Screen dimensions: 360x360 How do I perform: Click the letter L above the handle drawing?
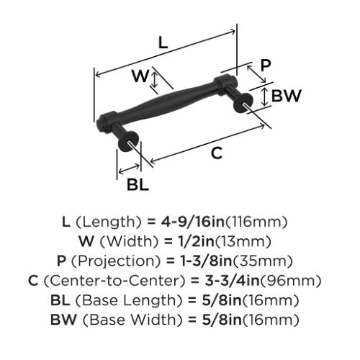click(x=163, y=42)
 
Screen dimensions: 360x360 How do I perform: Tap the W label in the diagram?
click(x=140, y=76)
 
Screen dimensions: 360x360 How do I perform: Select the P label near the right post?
click(x=266, y=65)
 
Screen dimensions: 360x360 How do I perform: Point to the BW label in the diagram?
click(x=286, y=96)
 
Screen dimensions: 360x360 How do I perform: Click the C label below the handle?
click(x=217, y=153)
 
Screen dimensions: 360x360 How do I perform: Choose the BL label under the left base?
click(x=138, y=185)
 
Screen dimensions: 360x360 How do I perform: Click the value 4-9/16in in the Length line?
click(x=192, y=222)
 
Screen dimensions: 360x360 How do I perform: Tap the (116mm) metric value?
click(x=256, y=222)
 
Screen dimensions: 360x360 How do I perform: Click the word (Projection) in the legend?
click(x=116, y=261)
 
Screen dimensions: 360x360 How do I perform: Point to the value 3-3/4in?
click(x=233, y=281)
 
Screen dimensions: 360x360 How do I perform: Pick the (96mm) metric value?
click(x=291, y=281)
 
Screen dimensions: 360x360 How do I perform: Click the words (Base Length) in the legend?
click(x=129, y=300)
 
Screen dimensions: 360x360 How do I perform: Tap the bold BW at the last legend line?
click(x=63, y=320)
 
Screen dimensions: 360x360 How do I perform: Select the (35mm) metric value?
click(x=263, y=261)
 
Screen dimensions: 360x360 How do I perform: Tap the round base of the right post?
click(x=243, y=103)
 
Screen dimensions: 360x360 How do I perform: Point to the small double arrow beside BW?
click(x=264, y=96)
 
